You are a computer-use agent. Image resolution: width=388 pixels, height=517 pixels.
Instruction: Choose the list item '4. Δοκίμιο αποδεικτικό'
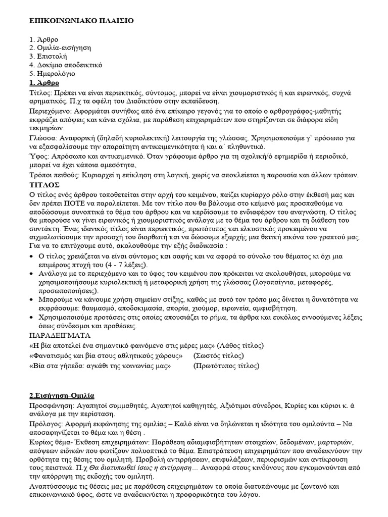click(x=66, y=65)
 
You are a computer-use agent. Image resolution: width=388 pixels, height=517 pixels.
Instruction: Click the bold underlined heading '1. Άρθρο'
click(x=44, y=82)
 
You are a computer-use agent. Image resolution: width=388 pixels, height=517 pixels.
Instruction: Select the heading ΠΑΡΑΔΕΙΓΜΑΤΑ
click(x=60, y=335)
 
